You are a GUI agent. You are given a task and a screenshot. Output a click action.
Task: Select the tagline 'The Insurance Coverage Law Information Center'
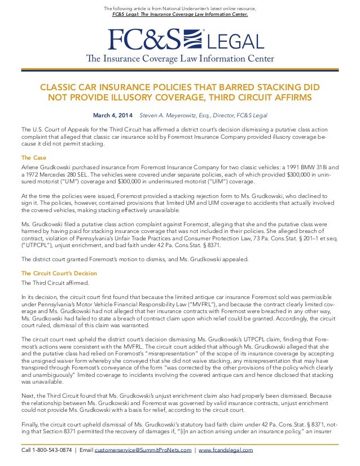pyautogui.click(x=179, y=59)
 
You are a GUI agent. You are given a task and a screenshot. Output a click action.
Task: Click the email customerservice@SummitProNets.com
pyautogui.click(x=142, y=450)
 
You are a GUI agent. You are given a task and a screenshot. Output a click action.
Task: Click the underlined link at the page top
pyautogui.click(x=179, y=15)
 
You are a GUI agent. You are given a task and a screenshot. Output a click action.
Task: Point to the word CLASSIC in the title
pyautogui.click(x=59, y=87)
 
